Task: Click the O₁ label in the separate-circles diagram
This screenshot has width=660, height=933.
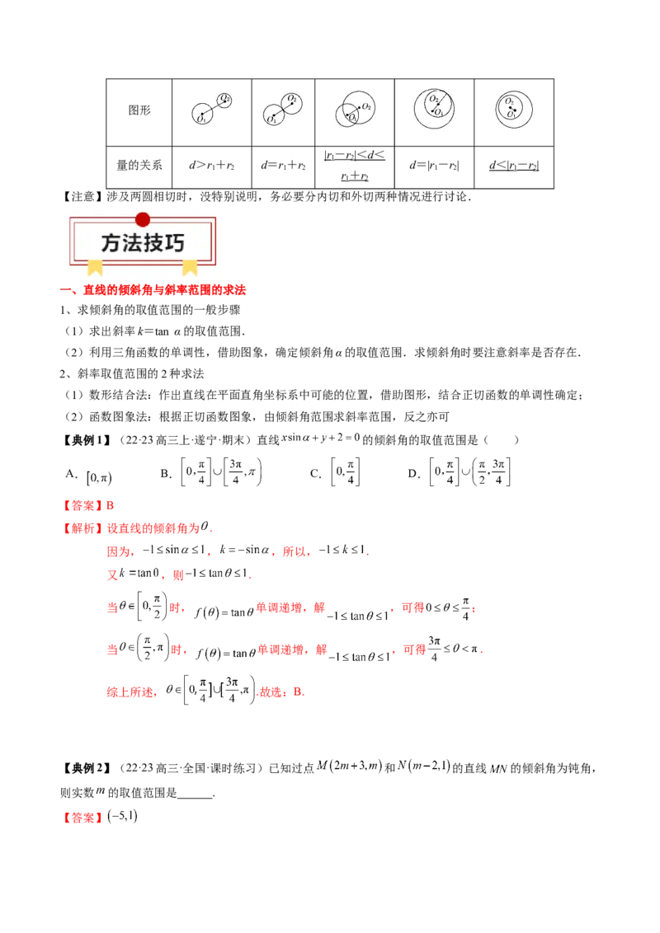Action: [200, 120]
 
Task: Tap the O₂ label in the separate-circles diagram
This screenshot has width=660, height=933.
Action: [224, 99]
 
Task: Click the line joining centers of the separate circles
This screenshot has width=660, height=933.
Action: [212, 108]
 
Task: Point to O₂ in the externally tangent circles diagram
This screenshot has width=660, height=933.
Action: [292, 99]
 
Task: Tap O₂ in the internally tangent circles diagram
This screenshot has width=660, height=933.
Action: [432, 99]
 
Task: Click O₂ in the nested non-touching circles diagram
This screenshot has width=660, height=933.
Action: [510, 101]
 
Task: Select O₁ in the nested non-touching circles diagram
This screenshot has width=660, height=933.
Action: [511, 115]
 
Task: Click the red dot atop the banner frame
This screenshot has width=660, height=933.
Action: [143, 219]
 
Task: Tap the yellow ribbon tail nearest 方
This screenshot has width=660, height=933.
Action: [96, 266]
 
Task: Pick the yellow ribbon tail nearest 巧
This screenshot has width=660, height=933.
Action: [190, 266]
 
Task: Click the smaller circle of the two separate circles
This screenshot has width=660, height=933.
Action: [224, 101]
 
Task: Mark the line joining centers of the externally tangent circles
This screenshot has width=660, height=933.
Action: [280, 110]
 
